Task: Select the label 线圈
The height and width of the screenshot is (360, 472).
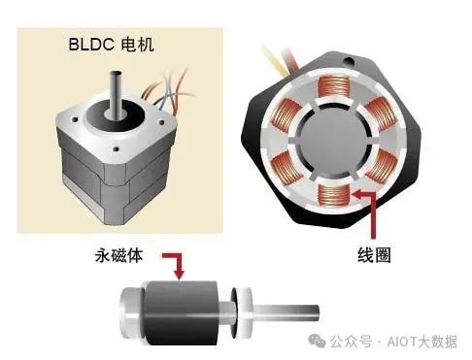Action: (378, 258)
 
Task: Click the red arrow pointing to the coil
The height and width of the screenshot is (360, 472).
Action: (367, 209)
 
